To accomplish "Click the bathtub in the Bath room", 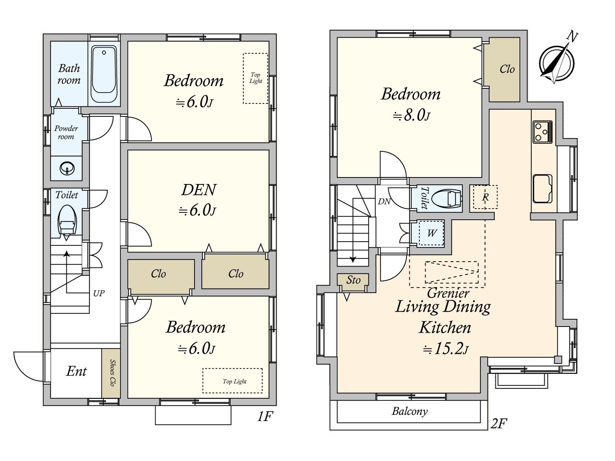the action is [x=104, y=74].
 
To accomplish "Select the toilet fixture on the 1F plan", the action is [x=67, y=221].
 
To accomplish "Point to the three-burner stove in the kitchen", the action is [x=543, y=132].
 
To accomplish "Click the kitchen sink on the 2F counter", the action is [x=543, y=189].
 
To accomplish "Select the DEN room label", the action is [x=199, y=190].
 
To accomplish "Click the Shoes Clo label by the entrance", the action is [x=112, y=373].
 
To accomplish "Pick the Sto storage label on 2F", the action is [x=353, y=280].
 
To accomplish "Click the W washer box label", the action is [x=432, y=233].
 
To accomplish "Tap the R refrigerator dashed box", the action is [x=485, y=197].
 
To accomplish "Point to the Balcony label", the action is [x=410, y=411].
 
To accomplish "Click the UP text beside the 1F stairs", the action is [x=99, y=294].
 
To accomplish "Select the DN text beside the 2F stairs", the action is [x=384, y=201].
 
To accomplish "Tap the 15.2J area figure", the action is [x=445, y=349].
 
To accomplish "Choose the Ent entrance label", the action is [x=76, y=371].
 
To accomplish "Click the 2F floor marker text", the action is [x=499, y=424].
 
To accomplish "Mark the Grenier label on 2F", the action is [x=448, y=293].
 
